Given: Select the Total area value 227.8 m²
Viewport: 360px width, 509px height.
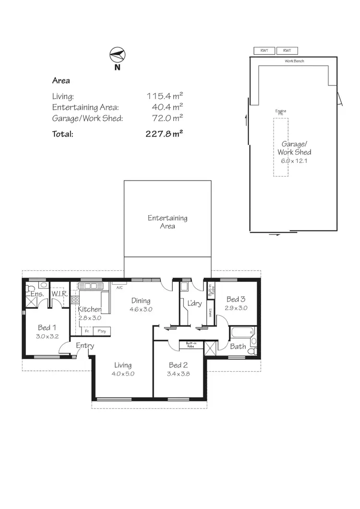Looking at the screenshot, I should point(164,134).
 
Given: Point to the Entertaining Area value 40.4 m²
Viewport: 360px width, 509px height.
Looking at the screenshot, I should point(164,107).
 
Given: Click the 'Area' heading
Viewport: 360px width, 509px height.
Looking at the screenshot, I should point(61,81).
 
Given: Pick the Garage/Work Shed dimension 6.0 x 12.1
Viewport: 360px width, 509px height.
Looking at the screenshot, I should point(294,160).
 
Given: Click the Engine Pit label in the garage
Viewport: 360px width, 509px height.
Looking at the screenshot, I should point(281,112).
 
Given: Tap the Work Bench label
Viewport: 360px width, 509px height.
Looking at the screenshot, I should point(294,61).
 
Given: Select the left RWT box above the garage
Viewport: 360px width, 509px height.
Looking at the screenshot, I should point(264,50).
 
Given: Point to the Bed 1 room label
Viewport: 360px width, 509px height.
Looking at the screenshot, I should point(48,328).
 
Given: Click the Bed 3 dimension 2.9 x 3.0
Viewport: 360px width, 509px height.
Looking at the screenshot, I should point(236,308).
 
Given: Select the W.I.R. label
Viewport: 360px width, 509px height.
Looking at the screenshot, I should point(60,293).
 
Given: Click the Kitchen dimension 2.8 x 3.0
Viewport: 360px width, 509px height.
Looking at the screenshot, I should point(89,317).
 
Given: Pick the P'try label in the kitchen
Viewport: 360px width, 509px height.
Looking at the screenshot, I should point(102,331).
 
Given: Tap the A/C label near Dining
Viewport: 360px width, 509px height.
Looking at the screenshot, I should point(120,288).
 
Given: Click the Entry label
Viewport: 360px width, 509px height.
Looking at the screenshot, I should point(85,346).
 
